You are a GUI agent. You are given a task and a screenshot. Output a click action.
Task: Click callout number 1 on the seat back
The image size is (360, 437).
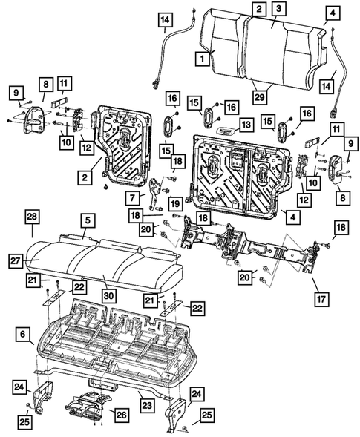click(201, 56)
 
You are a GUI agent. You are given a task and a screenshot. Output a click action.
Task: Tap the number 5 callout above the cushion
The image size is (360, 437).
click(88, 220)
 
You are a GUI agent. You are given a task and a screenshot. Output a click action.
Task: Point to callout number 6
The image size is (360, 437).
click(23, 336)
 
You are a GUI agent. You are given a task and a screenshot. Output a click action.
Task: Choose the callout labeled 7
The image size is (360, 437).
click(134, 197)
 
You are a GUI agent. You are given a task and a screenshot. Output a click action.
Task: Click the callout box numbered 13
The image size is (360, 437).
click(245, 123)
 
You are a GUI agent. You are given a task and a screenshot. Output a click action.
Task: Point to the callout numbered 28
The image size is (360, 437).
click(31, 215)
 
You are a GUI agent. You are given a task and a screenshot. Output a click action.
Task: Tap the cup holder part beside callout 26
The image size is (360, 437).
click(86, 407)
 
